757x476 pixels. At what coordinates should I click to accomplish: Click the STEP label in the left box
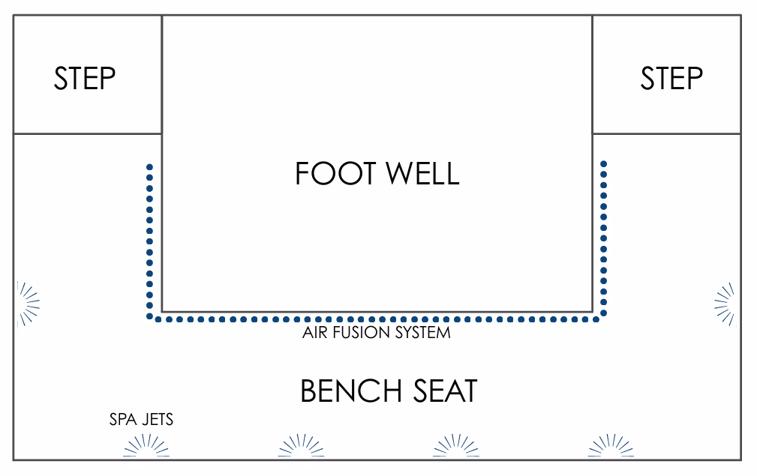point(85,79)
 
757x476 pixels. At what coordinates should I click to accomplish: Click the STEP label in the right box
point(671,79)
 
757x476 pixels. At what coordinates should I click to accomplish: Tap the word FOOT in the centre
point(335,174)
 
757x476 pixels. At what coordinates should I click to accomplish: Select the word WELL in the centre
point(422,174)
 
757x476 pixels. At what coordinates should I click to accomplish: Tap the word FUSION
point(362,332)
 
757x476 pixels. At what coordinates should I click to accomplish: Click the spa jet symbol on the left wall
point(28,304)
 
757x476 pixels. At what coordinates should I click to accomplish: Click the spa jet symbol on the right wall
point(725,304)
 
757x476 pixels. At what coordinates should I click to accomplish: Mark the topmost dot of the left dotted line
point(150,166)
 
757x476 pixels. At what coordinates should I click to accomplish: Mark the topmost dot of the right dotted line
point(603,163)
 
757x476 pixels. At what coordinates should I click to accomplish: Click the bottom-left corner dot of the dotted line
point(150,319)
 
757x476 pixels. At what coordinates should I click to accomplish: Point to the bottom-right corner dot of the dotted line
point(603,319)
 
